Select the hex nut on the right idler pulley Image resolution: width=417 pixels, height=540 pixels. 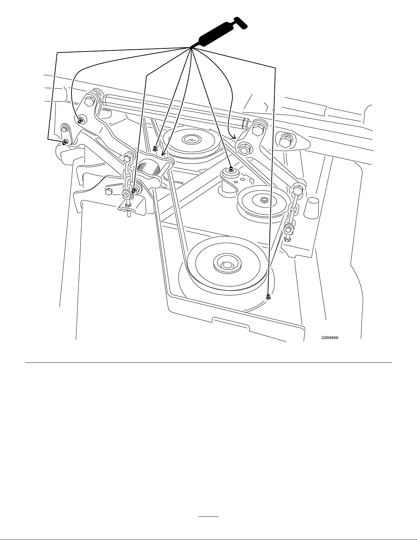263,200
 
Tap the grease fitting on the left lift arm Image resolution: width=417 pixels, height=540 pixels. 80,120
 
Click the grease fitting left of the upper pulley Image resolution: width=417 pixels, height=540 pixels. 155,149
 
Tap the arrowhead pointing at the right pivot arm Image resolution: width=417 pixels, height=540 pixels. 234,137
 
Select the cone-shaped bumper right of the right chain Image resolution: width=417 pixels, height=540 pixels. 310,209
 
